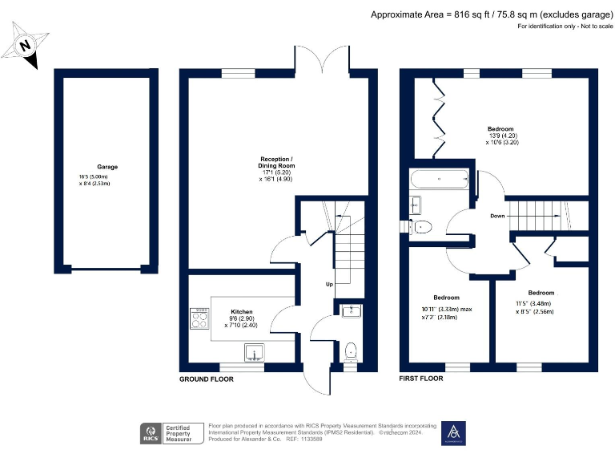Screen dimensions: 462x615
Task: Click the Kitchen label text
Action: pyautogui.click(x=242, y=310)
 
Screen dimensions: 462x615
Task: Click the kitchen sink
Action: pyautogui.click(x=254, y=352)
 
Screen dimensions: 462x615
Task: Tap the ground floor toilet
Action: pyautogui.click(x=350, y=351)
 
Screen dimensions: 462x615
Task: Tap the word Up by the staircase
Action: pyautogui.click(x=328, y=284)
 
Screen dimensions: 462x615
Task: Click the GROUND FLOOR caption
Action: pyautogui.click(x=206, y=379)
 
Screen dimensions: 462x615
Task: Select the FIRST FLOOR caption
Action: pyautogui.click(x=420, y=378)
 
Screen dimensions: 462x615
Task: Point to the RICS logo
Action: pyautogui.click(x=150, y=433)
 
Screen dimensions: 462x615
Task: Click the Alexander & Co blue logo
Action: pyautogui.click(x=453, y=432)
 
